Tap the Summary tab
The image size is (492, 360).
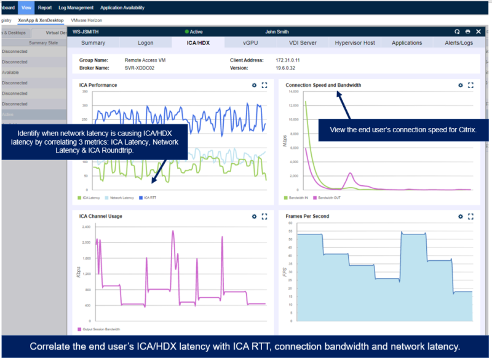[x=93, y=43]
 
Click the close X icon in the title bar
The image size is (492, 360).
[x=477, y=31]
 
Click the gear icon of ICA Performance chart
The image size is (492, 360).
[x=254, y=86]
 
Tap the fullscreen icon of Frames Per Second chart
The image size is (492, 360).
[x=470, y=217]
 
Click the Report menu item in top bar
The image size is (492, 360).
[x=45, y=8]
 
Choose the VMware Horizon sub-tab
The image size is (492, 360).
[x=87, y=20]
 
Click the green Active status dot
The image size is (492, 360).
[x=186, y=31]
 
